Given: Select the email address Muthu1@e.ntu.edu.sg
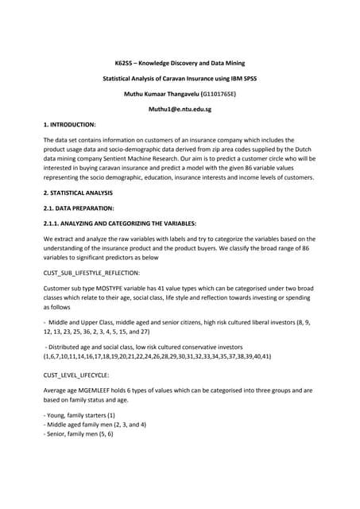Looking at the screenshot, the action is point(180,108).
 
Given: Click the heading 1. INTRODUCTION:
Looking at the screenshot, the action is point(69,125).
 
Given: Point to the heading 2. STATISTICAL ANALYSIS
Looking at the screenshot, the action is point(78,193).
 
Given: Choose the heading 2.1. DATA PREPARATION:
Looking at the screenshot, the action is point(74,208).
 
